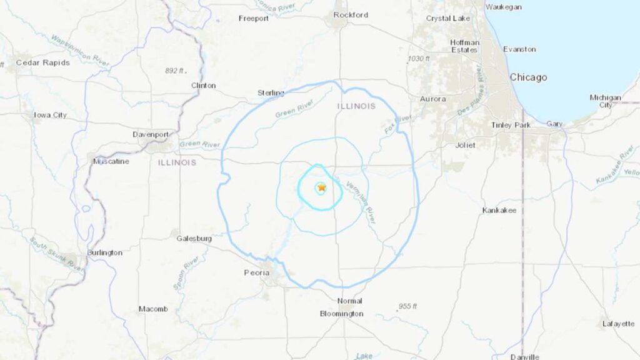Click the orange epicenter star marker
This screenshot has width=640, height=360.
pos(321,187)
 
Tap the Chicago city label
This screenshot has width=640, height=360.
pos(528,77)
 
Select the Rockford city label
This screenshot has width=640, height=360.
pos(351,15)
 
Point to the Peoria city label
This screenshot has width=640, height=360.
pos(256,272)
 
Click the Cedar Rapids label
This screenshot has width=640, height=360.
pos(42,62)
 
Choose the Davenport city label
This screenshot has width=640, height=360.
pos(151,134)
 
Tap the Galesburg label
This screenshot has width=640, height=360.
pos(193,239)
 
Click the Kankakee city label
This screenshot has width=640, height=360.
pos(499,211)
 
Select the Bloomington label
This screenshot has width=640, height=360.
pos(341,313)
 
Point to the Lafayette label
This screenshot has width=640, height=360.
pos(618,324)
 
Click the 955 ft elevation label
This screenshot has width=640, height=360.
pos(407,306)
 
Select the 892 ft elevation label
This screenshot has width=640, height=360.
pos(176,71)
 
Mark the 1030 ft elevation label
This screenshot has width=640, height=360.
pos(419,59)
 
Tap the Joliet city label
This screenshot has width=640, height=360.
pos(465,145)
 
